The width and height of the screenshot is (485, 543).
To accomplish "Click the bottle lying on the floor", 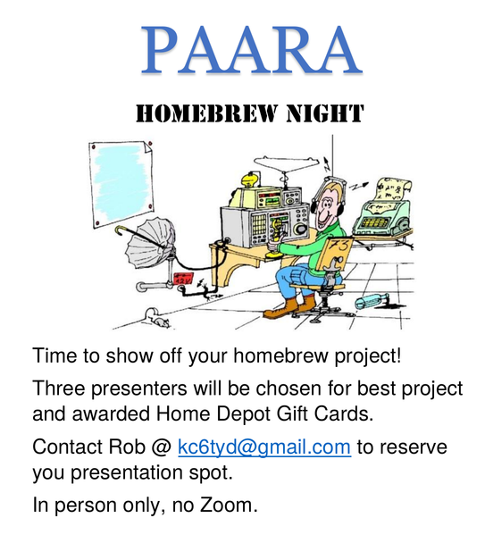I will pos(369,301).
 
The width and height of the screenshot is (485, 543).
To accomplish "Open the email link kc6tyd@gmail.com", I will pos(263,447).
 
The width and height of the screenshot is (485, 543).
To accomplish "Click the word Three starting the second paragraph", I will pos(59,389).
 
